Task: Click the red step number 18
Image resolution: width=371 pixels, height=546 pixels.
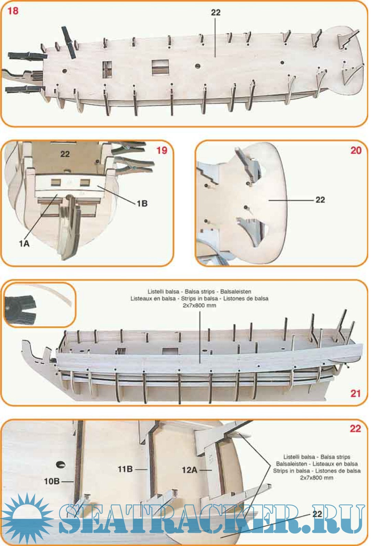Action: pos(13,11)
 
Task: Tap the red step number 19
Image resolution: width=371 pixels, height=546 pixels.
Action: pos(161,151)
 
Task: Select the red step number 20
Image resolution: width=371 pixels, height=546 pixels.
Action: pos(356,151)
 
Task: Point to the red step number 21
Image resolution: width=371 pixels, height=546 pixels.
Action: pos(356,394)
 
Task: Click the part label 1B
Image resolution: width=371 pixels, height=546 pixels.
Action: pos(142,203)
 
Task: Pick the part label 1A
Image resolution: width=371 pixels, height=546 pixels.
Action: pos(24,243)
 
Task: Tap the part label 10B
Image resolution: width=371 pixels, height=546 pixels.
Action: pos(52,481)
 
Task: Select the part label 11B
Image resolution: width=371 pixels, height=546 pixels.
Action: pos(125,469)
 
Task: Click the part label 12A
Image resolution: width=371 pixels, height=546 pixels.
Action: pos(189,470)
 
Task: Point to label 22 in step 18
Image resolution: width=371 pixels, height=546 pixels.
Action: pos(215,12)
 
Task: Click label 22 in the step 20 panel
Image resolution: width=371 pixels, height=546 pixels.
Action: pos(320,200)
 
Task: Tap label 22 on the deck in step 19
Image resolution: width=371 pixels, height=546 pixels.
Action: pos(65,154)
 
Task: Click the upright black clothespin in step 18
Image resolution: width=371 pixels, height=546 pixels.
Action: pos(69,42)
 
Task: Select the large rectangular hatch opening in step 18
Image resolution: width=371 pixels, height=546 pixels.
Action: pos(160,67)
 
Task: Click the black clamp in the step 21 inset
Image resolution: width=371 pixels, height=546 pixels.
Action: pos(21,309)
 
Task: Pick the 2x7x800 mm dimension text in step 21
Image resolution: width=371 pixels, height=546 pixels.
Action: pos(199,305)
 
